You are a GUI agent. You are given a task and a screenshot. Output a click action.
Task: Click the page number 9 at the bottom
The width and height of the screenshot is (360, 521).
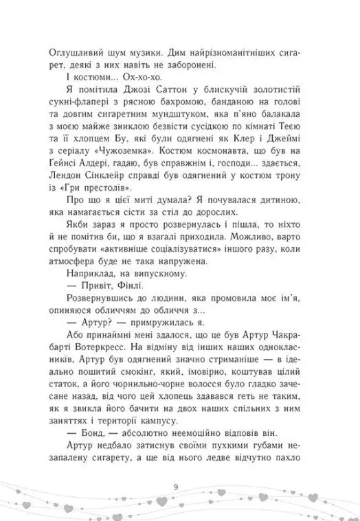[180, 488]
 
